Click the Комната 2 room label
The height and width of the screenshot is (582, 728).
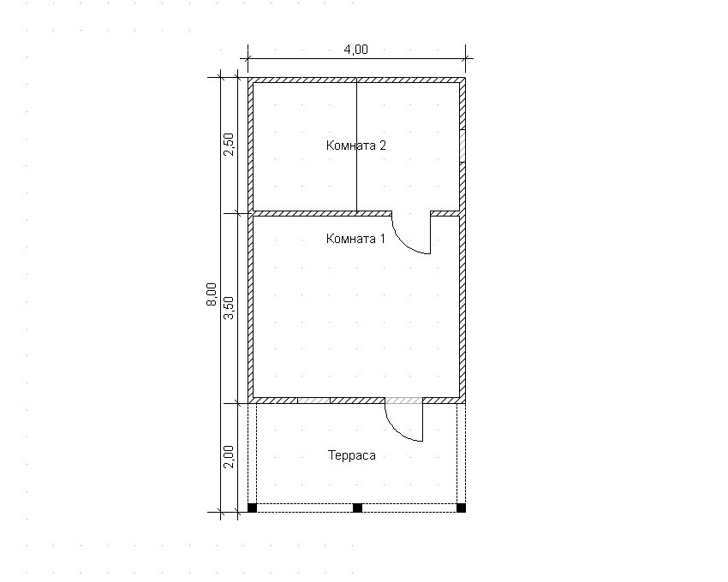point(356,145)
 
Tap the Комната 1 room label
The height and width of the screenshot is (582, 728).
point(355,239)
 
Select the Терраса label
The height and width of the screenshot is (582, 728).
point(352,455)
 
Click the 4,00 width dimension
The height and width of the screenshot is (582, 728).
point(355,49)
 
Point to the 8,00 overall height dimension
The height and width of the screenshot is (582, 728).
point(212,294)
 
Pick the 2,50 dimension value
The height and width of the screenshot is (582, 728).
point(229,145)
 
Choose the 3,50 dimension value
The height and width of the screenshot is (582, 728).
point(229,308)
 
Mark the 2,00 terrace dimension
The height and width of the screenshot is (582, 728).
point(229,457)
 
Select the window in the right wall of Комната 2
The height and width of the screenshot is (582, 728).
point(462,146)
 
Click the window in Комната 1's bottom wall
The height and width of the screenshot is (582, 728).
point(313,400)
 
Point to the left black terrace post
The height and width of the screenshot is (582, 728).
point(252,508)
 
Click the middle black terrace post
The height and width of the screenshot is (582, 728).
point(357,508)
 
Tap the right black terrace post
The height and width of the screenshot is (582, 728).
point(461,508)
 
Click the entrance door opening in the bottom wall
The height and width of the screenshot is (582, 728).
point(404,400)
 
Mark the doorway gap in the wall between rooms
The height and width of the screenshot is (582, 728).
point(411,213)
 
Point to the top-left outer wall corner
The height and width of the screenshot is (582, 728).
point(248,78)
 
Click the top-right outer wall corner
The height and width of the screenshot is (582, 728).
point(465,78)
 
